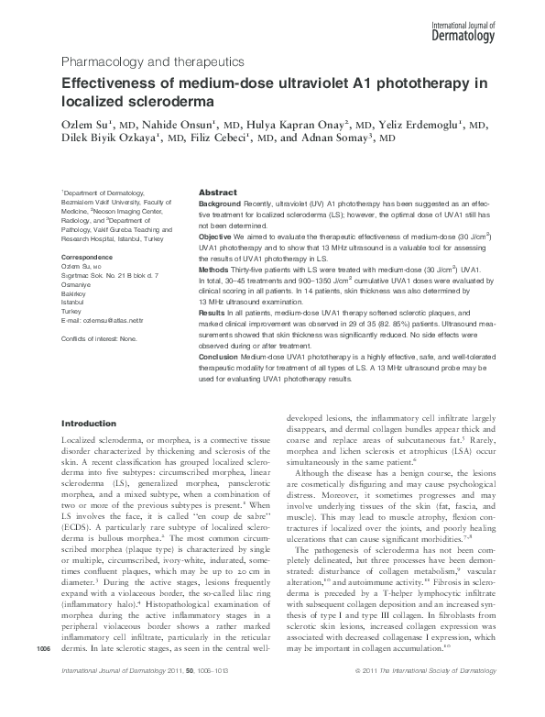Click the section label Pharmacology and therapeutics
click(151, 62)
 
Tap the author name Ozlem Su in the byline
click(83, 124)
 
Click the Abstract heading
click(219, 193)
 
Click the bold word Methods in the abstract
click(213, 270)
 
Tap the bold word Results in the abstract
click(212, 314)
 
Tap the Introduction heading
click(88, 425)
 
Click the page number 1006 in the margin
click(41, 676)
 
